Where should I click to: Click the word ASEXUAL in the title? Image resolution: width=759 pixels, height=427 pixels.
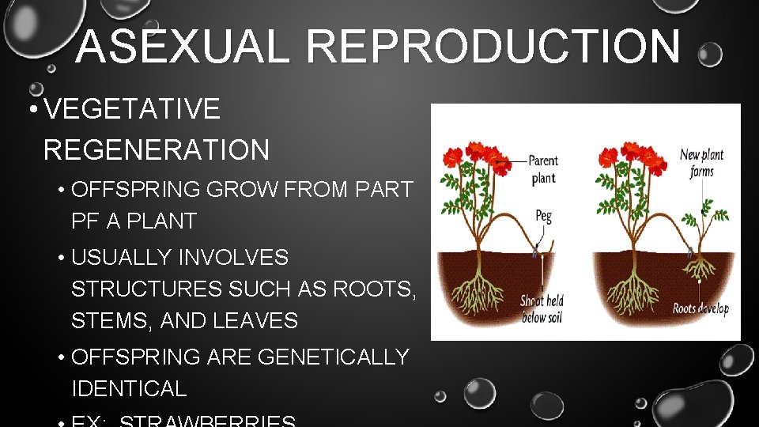coord(185,47)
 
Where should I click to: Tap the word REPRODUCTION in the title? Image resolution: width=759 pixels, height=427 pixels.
coord(493,47)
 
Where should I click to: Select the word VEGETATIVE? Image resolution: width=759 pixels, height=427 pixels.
coord(132,110)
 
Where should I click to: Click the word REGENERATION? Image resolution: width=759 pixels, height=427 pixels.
coord(157,149)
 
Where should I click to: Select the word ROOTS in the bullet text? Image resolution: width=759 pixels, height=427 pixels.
coord(370,289)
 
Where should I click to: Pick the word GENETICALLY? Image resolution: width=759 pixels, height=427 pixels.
coord(333,357)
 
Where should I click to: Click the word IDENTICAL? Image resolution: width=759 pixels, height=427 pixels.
coord(129,389)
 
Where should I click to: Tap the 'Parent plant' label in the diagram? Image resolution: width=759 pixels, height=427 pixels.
coord(543,168)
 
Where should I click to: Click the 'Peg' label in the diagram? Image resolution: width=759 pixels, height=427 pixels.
coord(543,215)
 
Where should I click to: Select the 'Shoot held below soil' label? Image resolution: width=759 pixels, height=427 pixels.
coord(542,309)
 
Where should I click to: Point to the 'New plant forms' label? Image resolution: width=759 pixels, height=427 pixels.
coord(701,163)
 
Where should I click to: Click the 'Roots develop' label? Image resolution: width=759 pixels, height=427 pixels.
coord(700,308)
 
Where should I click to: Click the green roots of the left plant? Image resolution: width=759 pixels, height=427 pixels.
coord(474,293)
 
